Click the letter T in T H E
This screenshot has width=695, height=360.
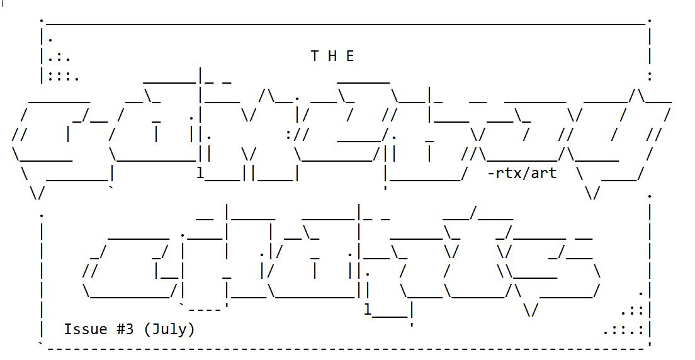315,56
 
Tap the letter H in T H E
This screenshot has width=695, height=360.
333,56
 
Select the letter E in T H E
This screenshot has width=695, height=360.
351,56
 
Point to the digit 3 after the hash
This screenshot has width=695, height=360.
130,329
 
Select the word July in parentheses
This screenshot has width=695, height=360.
169,329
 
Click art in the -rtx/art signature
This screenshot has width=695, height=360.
544,172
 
